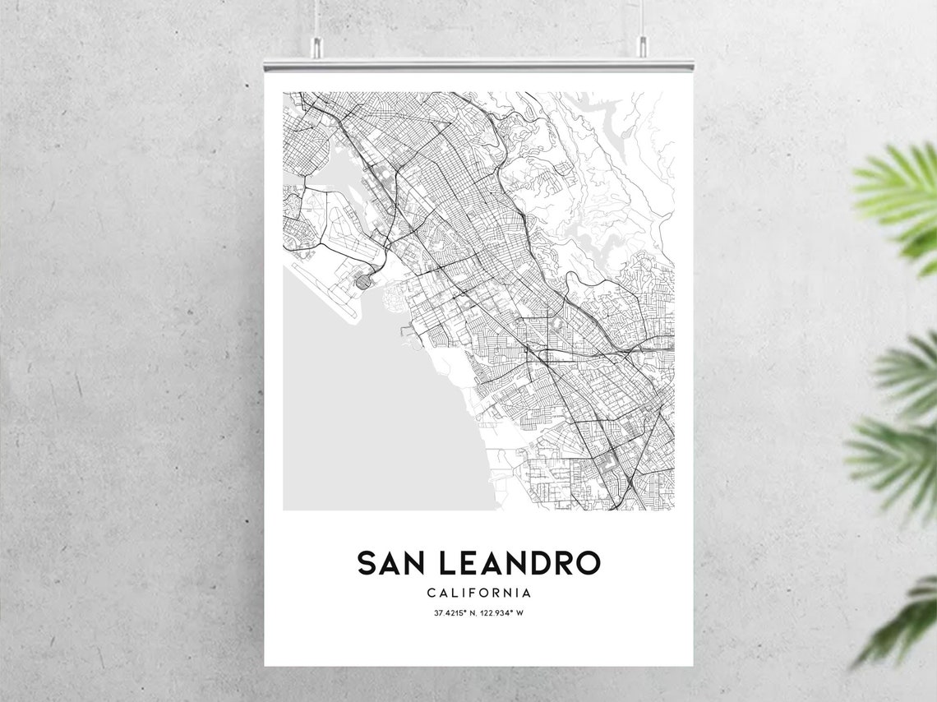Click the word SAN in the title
tap(389, 563)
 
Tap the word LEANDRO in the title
tap(519, 563)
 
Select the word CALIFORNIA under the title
tap(478, 593)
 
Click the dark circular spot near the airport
tap(362, 283)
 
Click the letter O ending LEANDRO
tap(587, 563)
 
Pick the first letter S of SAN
tap(367, 563)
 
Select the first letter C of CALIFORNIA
tap(432, 593)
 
